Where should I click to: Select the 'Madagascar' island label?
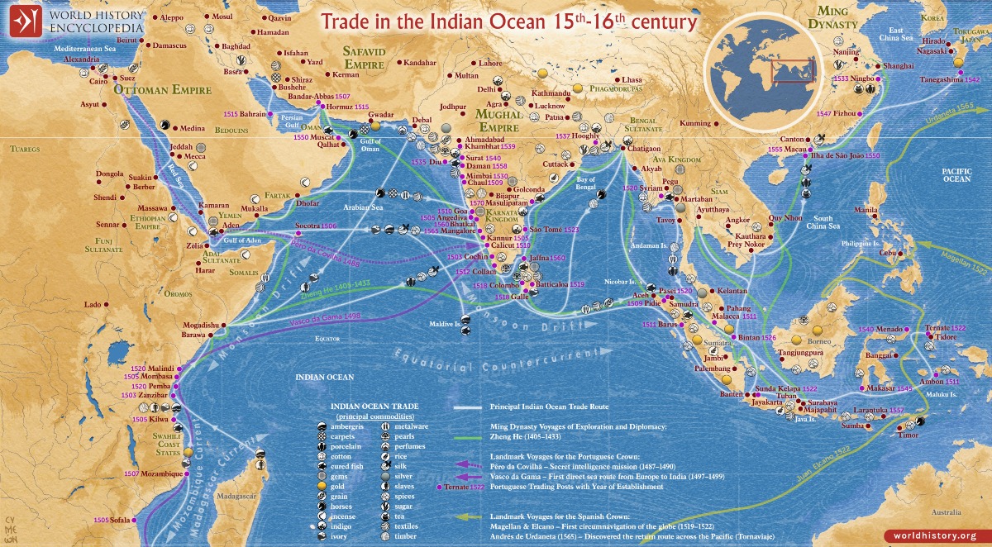(234, 496)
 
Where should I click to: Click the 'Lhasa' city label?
(624, 79)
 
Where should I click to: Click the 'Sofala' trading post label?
(121, 520)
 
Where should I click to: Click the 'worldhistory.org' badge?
(935, 535)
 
